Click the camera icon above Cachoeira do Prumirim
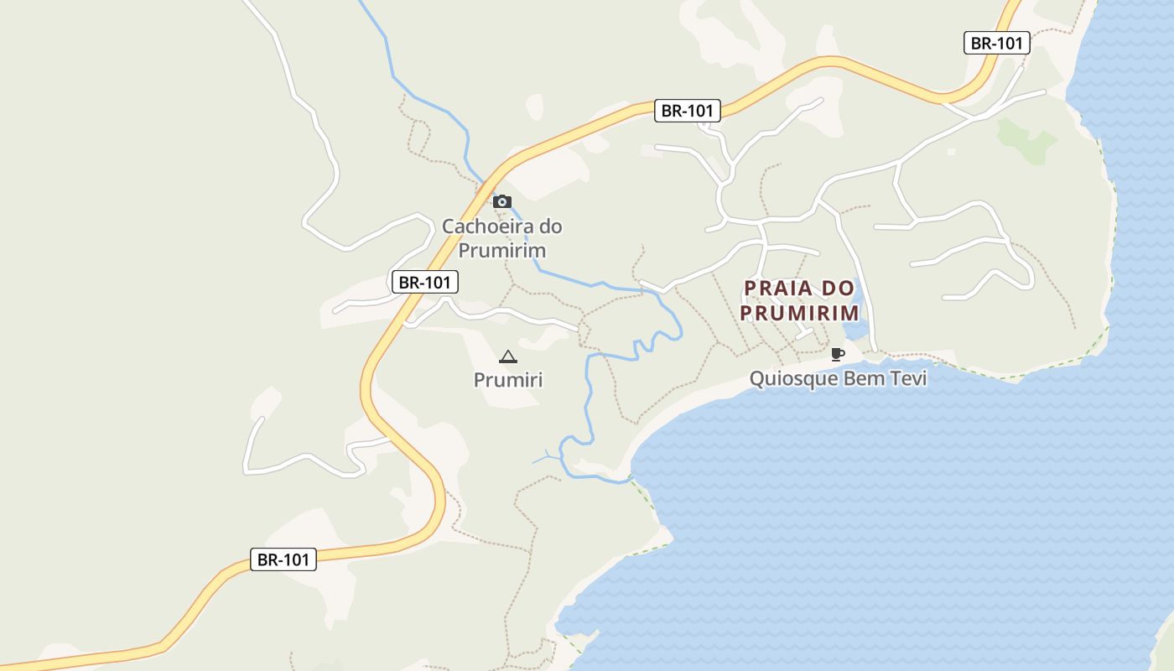[x=502, y=201]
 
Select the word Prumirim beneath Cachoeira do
[x=502, y=251]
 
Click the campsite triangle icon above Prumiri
[x=507, y=357]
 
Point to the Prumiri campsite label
[x=508, y=380]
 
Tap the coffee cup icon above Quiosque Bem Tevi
[x=836, y=354]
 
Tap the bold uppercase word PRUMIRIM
[x=800, y=313]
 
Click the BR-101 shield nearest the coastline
[x=996, y=43]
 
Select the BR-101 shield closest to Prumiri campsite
[x=425, y=282]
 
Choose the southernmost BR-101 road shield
[x=283, y=559]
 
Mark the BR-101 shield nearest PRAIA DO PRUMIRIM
[x=688, y=110]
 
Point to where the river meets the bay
[x=628, y=480]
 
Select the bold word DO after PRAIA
[x=838, y=289]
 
